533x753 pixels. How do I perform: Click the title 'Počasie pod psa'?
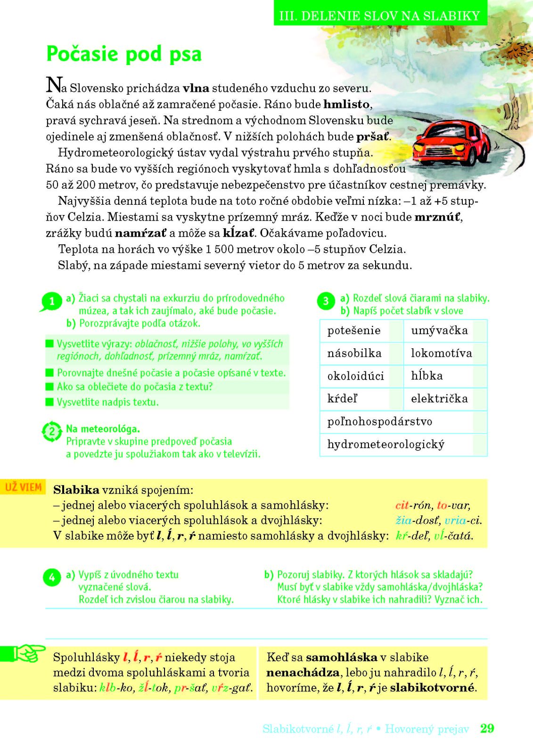point(124,54)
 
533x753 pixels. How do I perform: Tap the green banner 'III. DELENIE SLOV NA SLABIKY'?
point(379,16)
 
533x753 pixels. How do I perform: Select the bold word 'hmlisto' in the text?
point(346,104)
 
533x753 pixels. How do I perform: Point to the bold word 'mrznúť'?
point(438,217)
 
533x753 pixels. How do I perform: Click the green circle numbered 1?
point(52,302)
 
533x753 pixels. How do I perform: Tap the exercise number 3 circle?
point(326,301)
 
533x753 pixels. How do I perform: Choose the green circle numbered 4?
point(52,577)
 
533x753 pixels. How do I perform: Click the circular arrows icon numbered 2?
point(52,432)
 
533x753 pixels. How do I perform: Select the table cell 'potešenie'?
point(354,330)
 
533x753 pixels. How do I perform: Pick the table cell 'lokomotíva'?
point(441,353)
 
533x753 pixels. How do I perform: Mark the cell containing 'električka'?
point(439,399)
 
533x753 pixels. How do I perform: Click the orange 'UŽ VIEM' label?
point(24,487)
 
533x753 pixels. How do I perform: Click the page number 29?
point(487,729)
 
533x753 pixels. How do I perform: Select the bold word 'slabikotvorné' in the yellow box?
point(432,688)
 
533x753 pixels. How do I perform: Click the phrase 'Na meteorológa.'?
point(103,429)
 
